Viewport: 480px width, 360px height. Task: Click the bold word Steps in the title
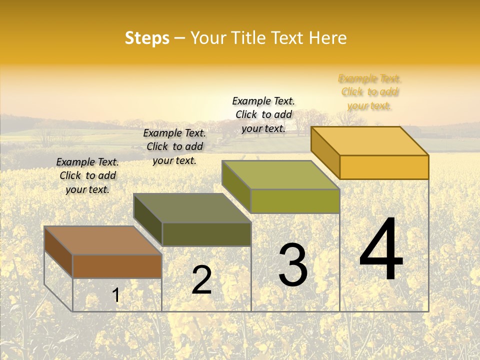tap(147, 38)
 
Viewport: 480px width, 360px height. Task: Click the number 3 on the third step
tap(293, 265)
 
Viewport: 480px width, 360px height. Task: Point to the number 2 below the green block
tap(201, 280)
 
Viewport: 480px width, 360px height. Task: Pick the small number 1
tap(116, 295)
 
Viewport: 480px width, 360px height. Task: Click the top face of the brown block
tap(102, 240)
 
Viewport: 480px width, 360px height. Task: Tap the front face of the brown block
tap(117, 266)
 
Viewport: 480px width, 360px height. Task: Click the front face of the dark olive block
tap(206, 234)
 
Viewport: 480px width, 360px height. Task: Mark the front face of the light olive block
tap(295, 201)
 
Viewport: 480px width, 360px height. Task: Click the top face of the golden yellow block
tap(369, 141)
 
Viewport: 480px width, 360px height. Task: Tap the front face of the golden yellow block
tap(384, 167)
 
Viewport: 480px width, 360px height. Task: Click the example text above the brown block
tap(87, 175)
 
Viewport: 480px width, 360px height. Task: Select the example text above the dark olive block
tap(174, 146)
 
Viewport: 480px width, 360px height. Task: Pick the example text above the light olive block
tap(263, 114)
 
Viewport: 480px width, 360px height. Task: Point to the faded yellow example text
tap(369, 92)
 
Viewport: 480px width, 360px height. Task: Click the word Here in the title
tap(328, 38)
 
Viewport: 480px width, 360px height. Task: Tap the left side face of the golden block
tap(325, 152)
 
